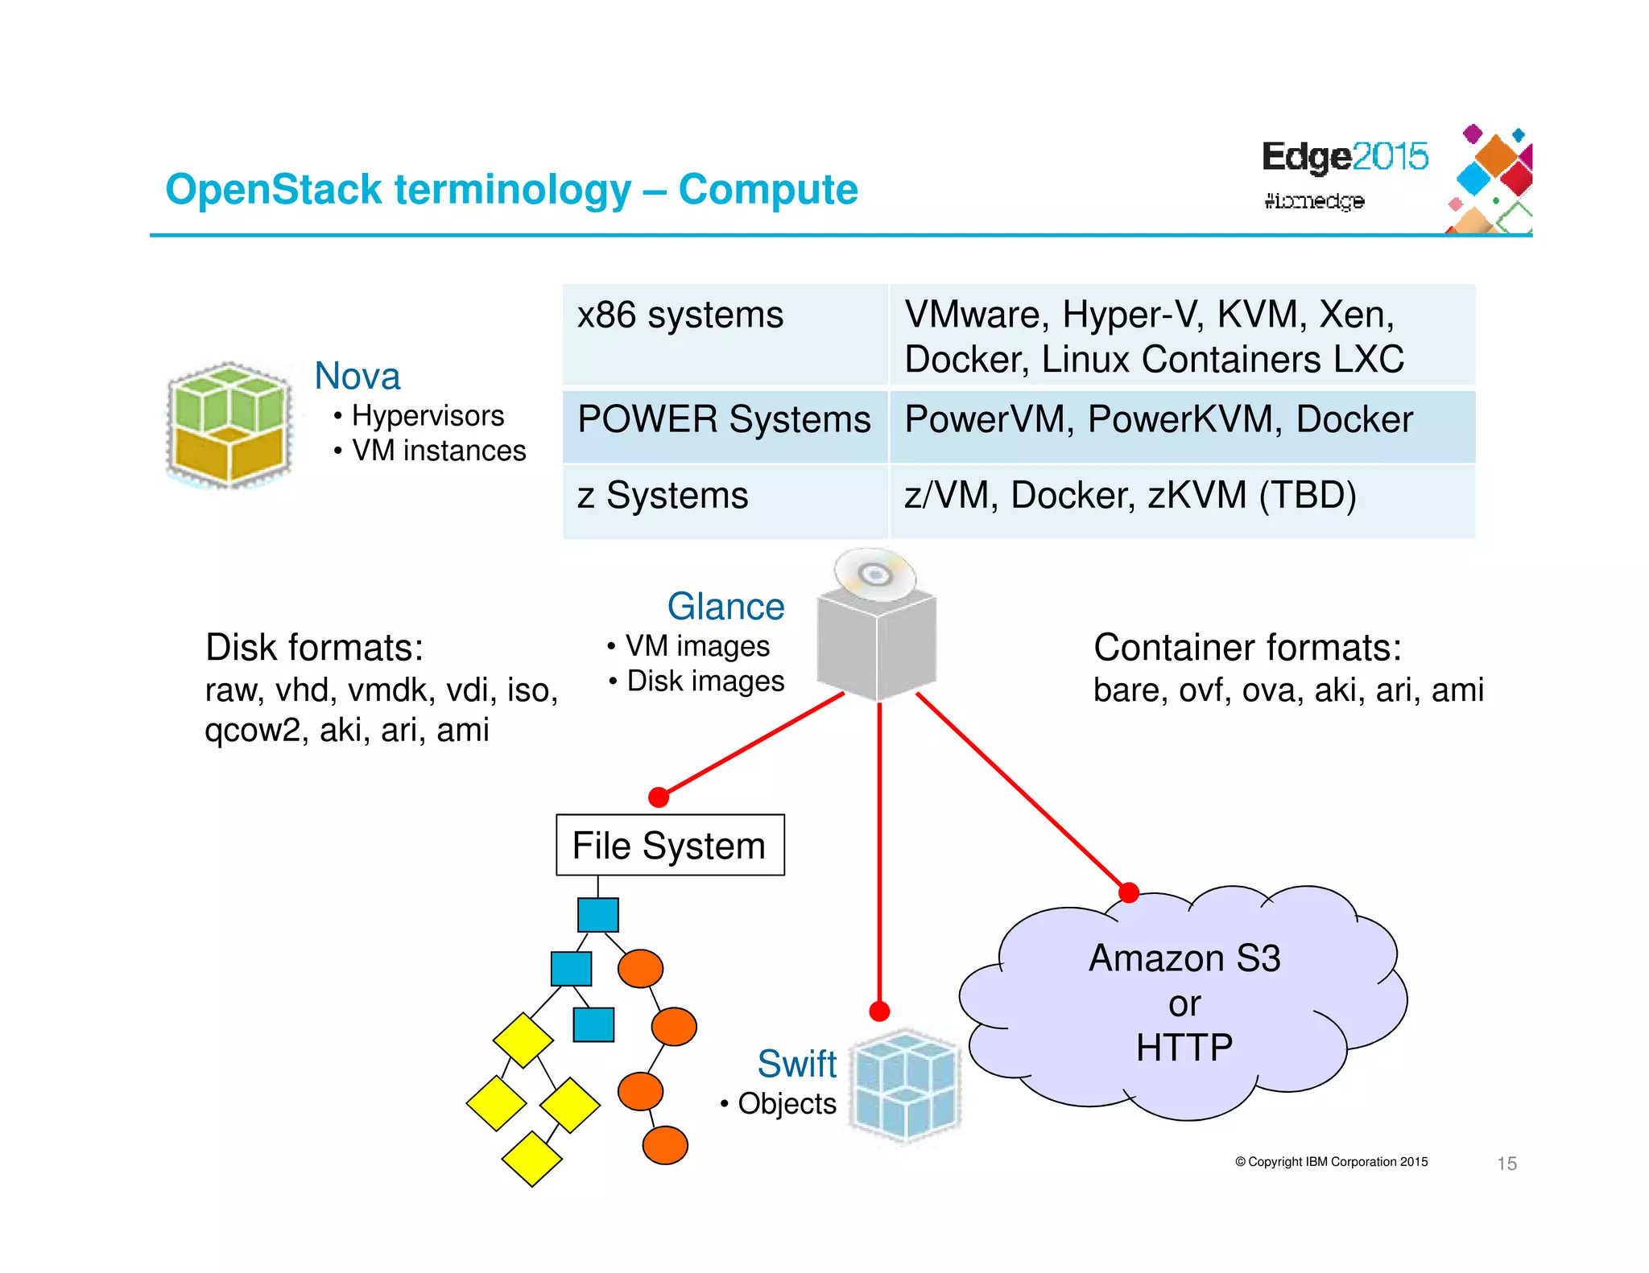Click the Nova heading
[357, 376]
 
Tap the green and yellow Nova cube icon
[229, 425]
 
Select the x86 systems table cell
[725, 334]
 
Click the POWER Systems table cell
[725, 426]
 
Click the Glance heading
[725, 606]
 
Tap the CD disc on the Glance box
[875, 575]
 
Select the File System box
[670, 845]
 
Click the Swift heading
[796, 1063]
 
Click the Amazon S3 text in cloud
[1184, 958]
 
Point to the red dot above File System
[659, 797]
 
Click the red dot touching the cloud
[1129, 892]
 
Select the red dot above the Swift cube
[879, 1011]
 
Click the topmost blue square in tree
[598, 915]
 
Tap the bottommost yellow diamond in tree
[531, 1159]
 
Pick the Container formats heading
[1247, 647]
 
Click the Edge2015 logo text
[1345, 156]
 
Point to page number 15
[1506, 1163]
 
